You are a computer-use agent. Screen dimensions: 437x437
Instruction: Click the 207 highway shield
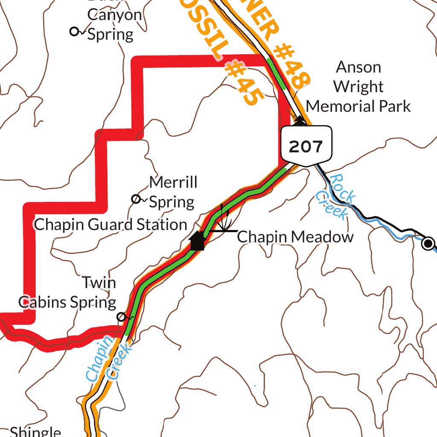coord(306,146)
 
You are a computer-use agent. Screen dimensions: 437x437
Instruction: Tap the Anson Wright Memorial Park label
coord(358,87)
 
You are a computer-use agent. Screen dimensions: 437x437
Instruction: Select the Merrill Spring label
coord(173,192)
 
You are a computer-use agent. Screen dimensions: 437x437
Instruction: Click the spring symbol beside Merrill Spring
coord(136,199)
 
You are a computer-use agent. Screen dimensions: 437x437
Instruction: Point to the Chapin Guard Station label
coord(111,224)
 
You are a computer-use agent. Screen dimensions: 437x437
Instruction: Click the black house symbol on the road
coord(197,241)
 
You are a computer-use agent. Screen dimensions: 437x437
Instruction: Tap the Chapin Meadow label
coord(295,237)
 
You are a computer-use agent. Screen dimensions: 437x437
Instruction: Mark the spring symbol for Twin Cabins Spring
coord(122,317)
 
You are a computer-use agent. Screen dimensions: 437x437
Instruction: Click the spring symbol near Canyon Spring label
coord(75,31)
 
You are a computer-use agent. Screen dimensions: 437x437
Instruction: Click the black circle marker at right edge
coord(428,244)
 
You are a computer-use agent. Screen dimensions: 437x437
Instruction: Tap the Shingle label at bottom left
coord(35,431)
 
